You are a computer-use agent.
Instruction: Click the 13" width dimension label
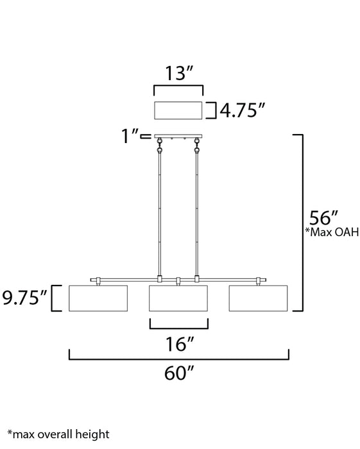tap(178, 74)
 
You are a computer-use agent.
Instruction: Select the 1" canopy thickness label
tap(133, 136)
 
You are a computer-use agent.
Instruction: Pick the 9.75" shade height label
tap(24, 298)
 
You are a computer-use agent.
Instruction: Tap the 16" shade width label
tap(178, 345)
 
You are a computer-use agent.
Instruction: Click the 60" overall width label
tap(178, 374)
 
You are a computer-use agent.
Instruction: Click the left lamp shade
tap(98, 298)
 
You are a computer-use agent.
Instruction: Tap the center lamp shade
tap(178, 298)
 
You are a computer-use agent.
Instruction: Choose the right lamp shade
tap(259, 298)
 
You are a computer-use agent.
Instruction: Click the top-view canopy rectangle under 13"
tap(178, 110)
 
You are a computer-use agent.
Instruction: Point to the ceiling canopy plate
tap(178, 136)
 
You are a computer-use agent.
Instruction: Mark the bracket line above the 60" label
tap(178, 359)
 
